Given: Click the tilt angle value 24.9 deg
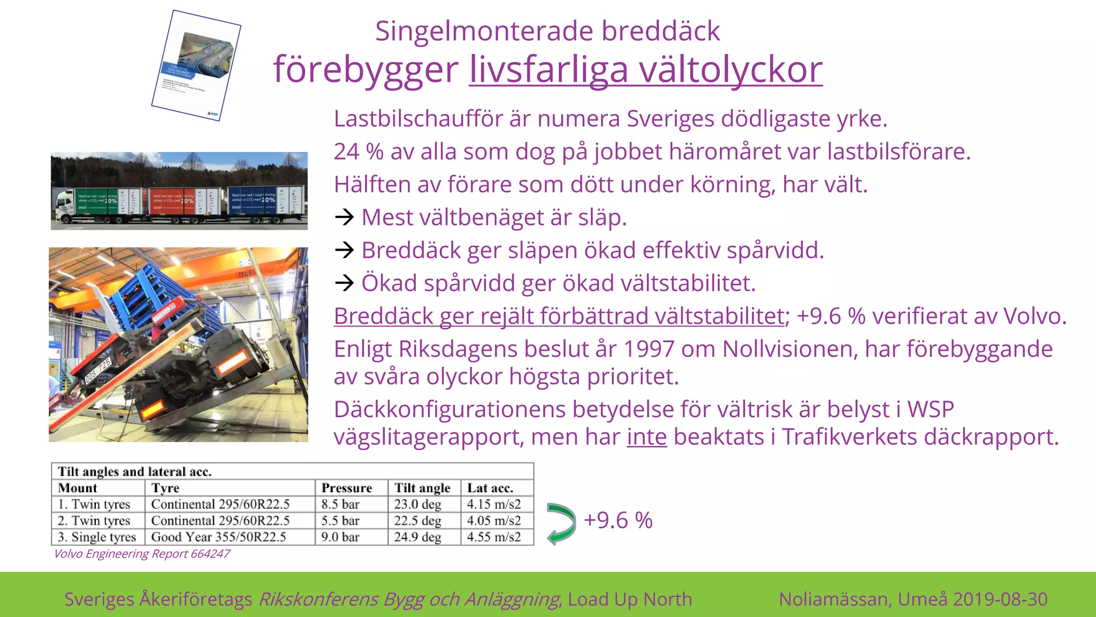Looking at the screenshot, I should click(x=417, y=537).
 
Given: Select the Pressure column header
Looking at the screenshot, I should click(x=346, y=488).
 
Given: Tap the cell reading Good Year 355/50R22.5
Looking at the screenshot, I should click(x=218, y=537).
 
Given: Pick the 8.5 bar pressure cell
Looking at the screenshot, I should click(x=340, y=504).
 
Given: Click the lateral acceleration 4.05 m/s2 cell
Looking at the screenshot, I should click(x=493, y=521).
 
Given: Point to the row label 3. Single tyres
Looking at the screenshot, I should click(x=97, y=537).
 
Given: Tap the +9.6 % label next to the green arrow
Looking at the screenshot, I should click(x=618, y=521).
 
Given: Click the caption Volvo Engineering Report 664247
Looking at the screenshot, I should click(x=142, y=554).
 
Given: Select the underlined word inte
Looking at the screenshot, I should click(x=646, y=437).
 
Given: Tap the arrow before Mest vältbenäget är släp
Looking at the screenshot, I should click(x=344, y=217).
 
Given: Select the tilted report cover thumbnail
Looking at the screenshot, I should click(x=196, y=65).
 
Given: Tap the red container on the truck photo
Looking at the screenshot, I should click(x=173, y=201).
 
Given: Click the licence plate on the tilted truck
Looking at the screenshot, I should click(x=98, y=371).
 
